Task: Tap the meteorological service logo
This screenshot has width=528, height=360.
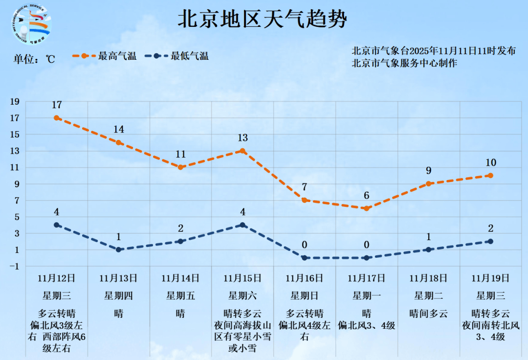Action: [x=30, y=24]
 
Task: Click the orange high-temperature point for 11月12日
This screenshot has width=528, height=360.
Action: [x=57, y=118]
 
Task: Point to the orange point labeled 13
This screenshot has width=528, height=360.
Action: [x=242, y=151]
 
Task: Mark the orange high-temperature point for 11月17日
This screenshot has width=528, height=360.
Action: [x=366, y=208]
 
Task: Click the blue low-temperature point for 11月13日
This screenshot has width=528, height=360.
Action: [x=118, y=249]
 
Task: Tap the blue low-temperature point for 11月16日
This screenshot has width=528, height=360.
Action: [x=304, y=258]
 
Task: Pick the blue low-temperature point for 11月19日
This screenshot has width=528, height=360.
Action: [x=490, y=241]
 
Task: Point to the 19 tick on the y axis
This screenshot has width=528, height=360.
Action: [x=15, y=101]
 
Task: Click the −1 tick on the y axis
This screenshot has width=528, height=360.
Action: [x=14, y=266]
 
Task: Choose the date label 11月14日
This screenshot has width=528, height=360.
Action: [x=180, y=278]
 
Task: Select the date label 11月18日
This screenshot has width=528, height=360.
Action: [x=428, y=278]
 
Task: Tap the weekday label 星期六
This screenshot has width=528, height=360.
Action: [x=242, y=295]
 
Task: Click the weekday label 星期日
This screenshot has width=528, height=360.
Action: [x=304, y=295]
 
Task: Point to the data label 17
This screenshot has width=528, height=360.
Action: [x=57, y=105]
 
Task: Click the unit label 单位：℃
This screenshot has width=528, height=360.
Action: [x=34, y=59]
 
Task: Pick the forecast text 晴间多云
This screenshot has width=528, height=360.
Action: [x=428, y=313]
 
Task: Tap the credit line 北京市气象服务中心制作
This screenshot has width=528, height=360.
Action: [x=404, y=63]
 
